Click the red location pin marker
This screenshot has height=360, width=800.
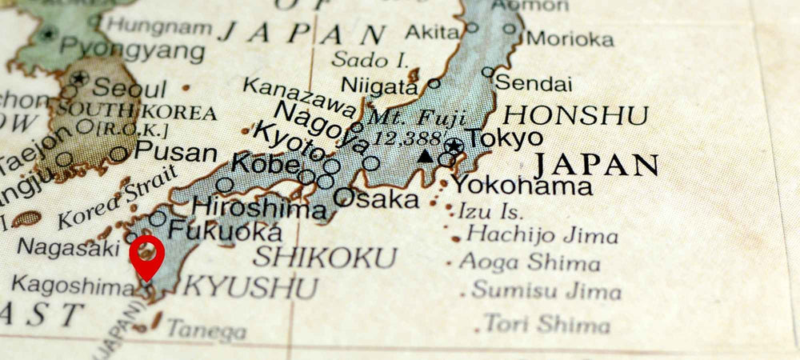(x=147, y=254)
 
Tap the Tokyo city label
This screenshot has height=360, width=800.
(x=505, y=138)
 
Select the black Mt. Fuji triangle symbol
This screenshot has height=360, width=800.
(x=426, y=156)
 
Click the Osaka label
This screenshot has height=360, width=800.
(x=375, y=198)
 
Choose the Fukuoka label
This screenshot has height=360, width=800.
(x=225, y=230)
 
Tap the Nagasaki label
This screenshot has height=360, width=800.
(x=68, y=248)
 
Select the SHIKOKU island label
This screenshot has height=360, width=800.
(x=324, y=258)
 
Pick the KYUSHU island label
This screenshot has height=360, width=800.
(x=250, y=287)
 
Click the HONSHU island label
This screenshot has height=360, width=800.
(x=574, y=115)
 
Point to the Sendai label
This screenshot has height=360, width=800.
(x=534, y=82)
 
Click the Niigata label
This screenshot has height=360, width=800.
(x=379, y=85)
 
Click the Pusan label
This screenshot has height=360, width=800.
(x=175, y=151)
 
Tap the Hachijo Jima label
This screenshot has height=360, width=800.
(x=542, y=235)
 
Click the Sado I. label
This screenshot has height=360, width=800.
(x=370, y=59)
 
